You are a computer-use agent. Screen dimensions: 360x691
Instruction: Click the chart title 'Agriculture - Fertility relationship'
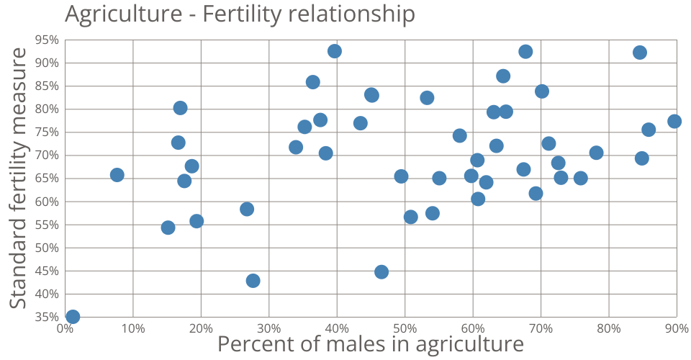pos(239,14)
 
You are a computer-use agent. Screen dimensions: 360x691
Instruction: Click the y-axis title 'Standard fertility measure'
pos(19,178)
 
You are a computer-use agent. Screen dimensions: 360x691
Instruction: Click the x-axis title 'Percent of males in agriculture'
pos(370,344)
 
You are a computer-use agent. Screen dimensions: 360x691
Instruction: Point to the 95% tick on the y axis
pos(49,40)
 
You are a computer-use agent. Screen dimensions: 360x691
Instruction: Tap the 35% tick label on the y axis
pos(49,317)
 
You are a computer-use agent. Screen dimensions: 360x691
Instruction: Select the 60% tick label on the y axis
pos(49,202)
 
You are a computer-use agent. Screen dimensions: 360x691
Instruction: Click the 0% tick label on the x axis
pos(65,329)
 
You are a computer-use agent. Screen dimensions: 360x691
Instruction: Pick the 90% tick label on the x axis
pos(677,329)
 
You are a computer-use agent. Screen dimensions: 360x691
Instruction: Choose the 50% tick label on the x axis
pos(405,329)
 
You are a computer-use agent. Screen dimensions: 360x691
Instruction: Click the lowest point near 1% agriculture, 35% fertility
pos(73,317)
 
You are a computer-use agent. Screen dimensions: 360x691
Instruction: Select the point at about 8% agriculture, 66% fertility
pos(117,175)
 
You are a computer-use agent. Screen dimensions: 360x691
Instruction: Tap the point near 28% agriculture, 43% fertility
pos(253,281)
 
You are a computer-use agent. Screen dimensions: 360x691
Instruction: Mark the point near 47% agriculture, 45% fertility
pos(381,272)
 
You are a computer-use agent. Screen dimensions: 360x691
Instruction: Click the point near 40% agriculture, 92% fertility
pos(335,51)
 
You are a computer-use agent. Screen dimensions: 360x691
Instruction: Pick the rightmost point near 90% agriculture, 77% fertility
pos(674,121)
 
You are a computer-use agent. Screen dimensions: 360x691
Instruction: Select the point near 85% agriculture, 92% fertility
pos(640,53)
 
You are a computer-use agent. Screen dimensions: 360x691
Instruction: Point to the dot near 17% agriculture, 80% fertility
pos(181,108)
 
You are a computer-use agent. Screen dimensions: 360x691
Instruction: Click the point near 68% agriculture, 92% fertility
pos(525,52)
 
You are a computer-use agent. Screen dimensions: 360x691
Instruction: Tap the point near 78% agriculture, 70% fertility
pos(596,153)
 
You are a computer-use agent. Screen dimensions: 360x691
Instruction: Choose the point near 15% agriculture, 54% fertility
pos(168,228)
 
